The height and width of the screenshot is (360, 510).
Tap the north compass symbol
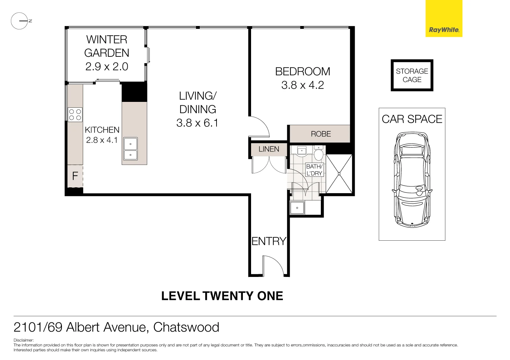coord(19,21)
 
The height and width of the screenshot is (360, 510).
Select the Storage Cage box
coord(412,75)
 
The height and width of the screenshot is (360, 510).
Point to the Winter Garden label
coord(107,46)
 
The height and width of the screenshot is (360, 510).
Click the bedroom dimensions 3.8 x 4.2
coord(302,85)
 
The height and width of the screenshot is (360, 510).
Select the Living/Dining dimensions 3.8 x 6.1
coord(197,123)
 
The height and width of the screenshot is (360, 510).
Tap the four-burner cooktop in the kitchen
coord(75,115)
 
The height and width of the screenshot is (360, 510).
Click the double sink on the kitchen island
coord(130,149)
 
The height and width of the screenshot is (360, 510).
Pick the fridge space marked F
coord(75,176)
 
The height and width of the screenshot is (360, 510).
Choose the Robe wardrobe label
coord(321,134)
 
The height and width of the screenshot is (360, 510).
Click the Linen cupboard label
coord(269,149)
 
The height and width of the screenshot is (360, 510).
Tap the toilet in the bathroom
coord(318,154)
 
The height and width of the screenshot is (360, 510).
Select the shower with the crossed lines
coord(339,174)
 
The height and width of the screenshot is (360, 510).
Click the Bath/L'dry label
coord(314,170)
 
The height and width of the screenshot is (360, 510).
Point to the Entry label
coord(269,241)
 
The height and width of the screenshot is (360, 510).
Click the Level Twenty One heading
coord(222,296)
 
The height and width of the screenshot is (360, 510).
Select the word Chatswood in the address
coord(186,327)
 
